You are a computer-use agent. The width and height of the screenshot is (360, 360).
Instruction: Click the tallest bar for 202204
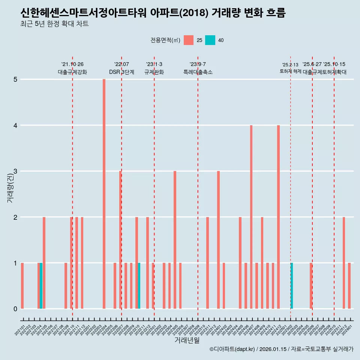pyautogui.click(x=104, y=194)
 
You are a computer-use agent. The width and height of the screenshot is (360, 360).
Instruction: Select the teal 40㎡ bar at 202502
pyautogui.click(x=292, y=286)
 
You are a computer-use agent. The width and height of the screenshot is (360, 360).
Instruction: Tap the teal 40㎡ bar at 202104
pyautogui.click(x=41, y=286)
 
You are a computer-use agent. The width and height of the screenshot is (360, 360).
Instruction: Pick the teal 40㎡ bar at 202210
pyautogui.click(x=139, y=286)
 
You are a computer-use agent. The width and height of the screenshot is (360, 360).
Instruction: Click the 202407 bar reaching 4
pyautogui.click(x=251, y=217)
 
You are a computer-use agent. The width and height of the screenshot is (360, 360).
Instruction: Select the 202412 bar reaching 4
pyautogui.click(x=278, y=217)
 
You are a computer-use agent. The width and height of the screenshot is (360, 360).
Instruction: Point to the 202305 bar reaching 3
pyautogui.click(x=175, y=240)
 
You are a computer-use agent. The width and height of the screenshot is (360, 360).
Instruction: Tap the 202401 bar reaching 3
pyautogui.click(x=218, y=240)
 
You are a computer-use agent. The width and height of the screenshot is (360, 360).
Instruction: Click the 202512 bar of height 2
pyautogui.click(x=343, y=262)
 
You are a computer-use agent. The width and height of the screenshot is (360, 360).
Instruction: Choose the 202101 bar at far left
pyautogui.click(x=22, y=286)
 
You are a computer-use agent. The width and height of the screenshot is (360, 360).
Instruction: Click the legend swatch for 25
pyautogui.click(x=189, y=40)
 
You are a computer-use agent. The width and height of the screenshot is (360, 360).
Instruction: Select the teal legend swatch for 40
pyautogui.click(x=210, y=40)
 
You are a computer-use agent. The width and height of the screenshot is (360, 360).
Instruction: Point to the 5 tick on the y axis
pyautogui.click(x=15, y=79)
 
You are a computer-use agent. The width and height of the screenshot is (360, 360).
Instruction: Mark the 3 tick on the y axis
pyautogui.click(x=15, y=171)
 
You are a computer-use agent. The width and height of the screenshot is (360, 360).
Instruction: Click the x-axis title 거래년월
pyautogui.click(x=187, y=340)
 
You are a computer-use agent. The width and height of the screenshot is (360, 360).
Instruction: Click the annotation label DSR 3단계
pyautogui.click(x=121, y=72)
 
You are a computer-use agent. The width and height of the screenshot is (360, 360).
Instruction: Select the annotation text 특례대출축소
pyautogui.click(x=198, y=72)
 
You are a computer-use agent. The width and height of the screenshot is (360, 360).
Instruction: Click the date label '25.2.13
pyautogui.click(x=290, y=65)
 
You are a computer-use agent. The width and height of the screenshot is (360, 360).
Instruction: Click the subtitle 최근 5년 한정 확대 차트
pyautogui.click(x=55, y=24)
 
